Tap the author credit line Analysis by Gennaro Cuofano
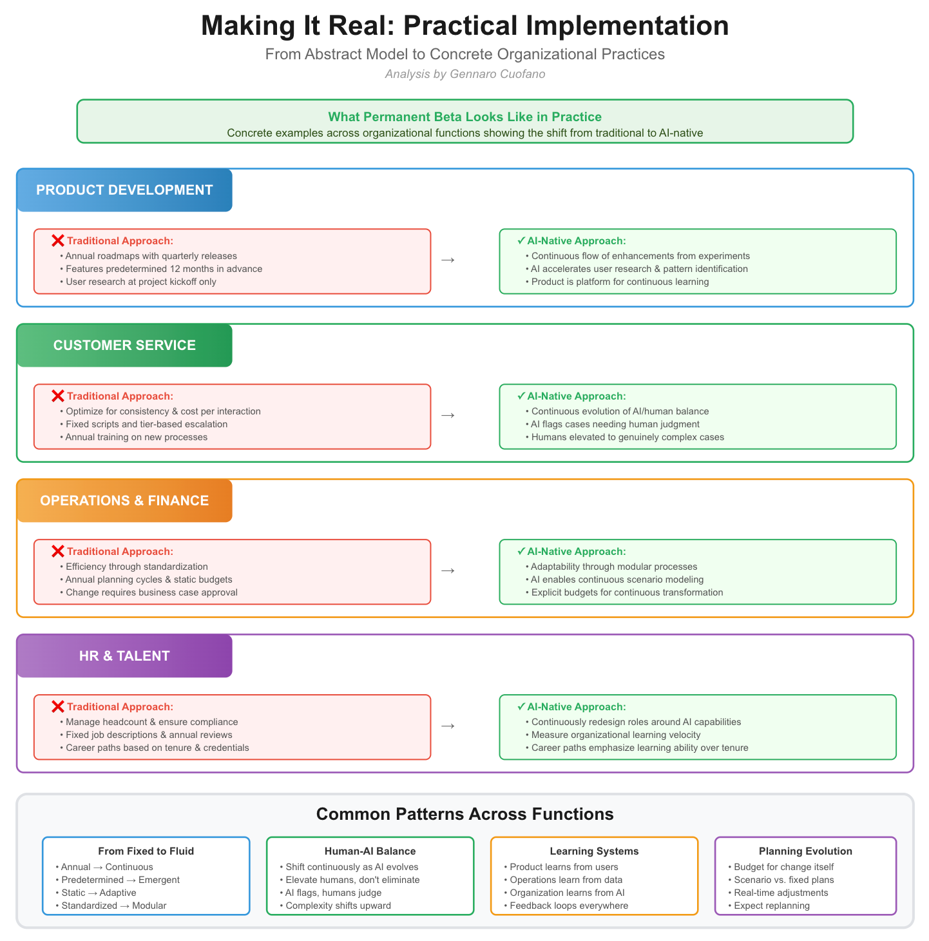point(465,73)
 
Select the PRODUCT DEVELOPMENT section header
point(124,190)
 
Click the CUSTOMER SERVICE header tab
point(124,345)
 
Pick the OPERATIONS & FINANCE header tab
point(124,501)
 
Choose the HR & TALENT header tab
point(124,656)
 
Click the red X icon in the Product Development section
point(57,240)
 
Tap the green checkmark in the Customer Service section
point(521,396)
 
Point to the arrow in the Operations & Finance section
point(448,570)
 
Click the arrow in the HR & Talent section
point(448,726)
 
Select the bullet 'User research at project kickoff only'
point(138,282)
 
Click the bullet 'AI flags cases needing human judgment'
point(612,424)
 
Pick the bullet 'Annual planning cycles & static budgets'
point(146,579)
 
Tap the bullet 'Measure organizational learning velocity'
point(613,735)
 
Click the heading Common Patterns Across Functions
point(465,814)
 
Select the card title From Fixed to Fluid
point(146,851)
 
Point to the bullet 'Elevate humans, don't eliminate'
point(350,880)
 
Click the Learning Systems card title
point(594,851)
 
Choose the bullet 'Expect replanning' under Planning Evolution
point(769,906)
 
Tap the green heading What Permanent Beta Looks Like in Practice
point(465,117)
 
